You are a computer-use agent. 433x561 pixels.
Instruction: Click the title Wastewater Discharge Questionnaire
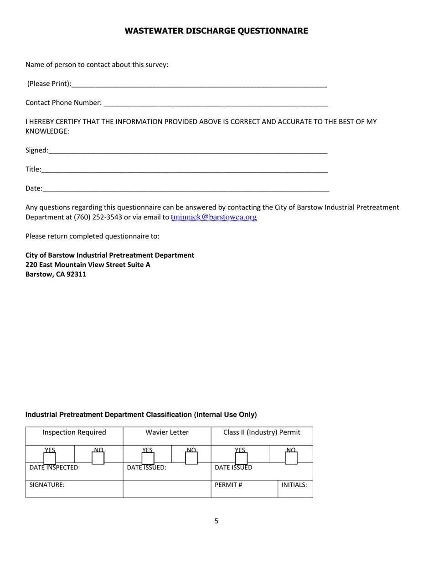point(216,31)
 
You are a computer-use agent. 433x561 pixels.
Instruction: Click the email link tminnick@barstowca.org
point(214,217)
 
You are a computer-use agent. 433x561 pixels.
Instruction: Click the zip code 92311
point(77,275)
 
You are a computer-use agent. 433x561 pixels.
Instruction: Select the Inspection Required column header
point(74,432)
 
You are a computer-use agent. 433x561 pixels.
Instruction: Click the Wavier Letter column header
point(167,432)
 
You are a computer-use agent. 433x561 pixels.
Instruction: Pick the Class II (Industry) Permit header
point(262,432)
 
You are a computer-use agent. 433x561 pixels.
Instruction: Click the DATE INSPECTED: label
point(55,467)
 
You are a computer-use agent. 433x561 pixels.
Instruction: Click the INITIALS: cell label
point(294,485)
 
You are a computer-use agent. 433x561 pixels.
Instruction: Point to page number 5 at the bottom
point(216,521)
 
